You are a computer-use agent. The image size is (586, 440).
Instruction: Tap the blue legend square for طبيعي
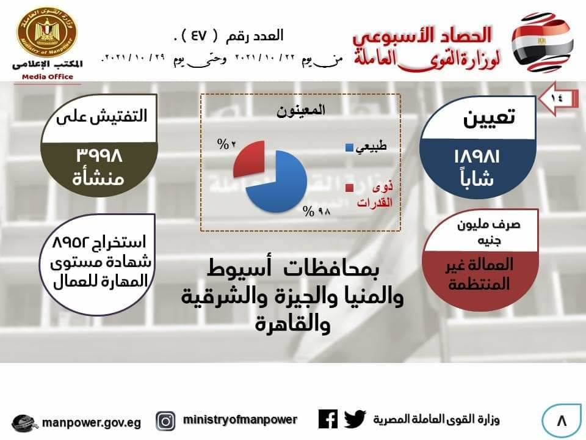[x=349, y=147]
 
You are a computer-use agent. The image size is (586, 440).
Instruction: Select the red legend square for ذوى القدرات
[x=349, y=188]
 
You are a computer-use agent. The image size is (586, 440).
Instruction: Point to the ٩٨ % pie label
[x=317, y=212]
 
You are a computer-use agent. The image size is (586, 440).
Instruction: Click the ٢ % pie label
[x=226, y=144]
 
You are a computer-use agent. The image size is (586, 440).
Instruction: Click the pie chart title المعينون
[x=301, y=111]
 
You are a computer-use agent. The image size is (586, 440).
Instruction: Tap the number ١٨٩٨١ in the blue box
[x=477, y=156]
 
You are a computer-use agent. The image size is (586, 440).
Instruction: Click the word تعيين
[x=489, y=118]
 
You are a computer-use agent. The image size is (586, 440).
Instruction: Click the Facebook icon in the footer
[x=328, y=419]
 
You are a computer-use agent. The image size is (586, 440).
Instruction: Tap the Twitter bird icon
[x=355, y=419]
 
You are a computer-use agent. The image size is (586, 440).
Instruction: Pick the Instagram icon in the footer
[x=165, y=421]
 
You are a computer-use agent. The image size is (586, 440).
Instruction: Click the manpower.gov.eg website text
[x=92, y=423]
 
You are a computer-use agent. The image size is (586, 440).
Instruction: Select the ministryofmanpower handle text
[x=240, y=420]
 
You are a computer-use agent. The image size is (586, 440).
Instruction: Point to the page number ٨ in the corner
[x=562, y=421]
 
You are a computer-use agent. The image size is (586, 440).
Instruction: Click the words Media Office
[x=48, y=77]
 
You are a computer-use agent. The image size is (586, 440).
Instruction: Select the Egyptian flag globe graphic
[x=542, y=42]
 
